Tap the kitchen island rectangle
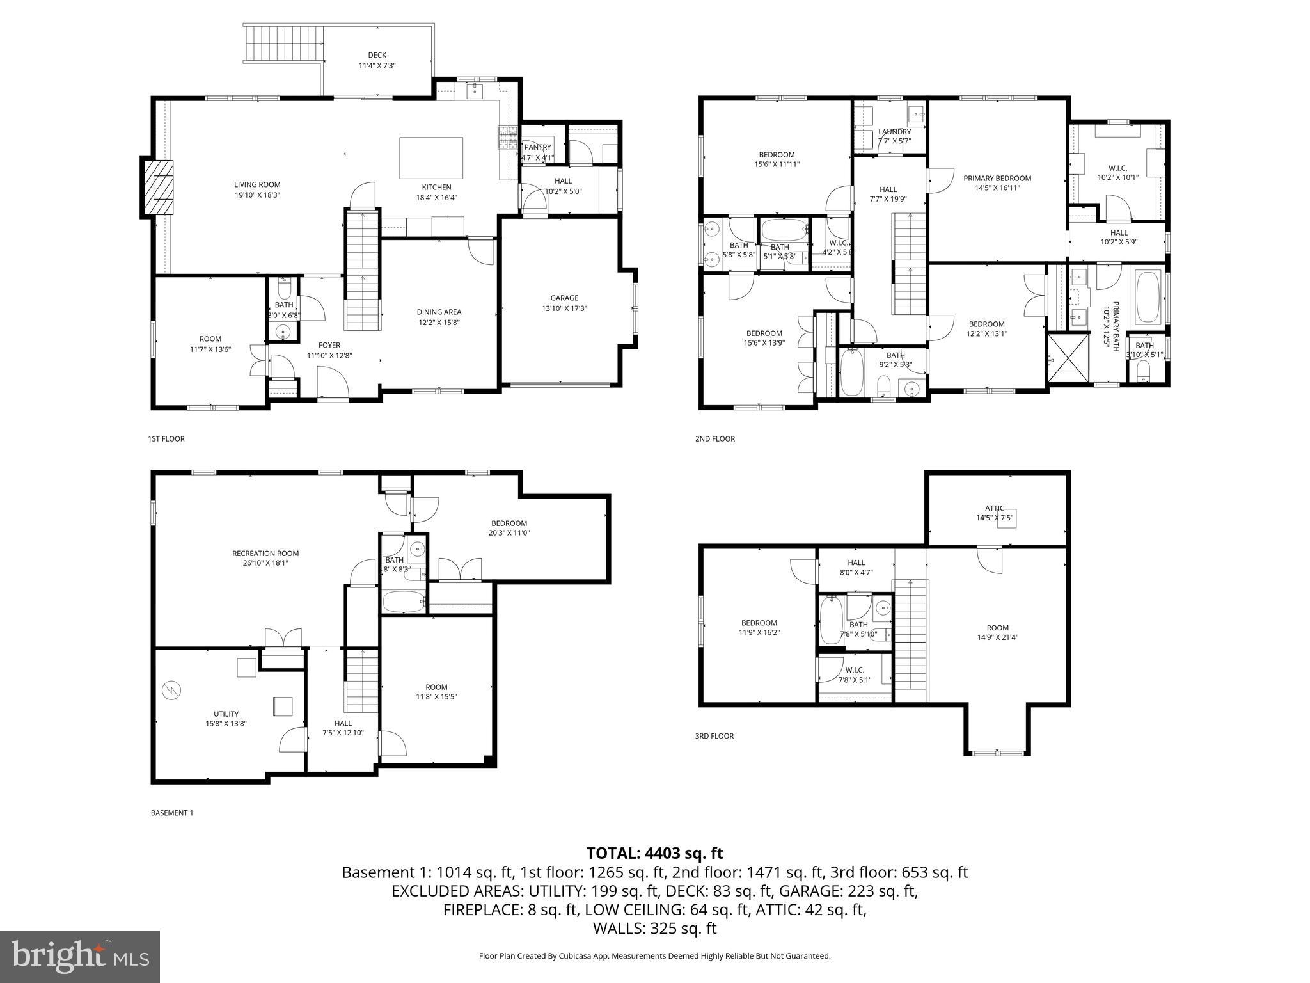(431, 158)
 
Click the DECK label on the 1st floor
(377, 55)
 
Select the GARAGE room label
(564, 298)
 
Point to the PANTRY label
(537, 147)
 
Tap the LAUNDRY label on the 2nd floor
(894, 132)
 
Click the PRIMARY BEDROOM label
(997, 179)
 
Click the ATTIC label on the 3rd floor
(994, 508)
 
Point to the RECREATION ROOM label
(265, 554)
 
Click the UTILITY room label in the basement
(226, 714)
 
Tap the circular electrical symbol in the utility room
(172, 689)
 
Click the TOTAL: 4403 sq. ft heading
(654, 853)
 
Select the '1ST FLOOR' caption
(166, 439)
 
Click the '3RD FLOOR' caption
(714, 736)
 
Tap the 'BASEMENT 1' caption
(171, 813)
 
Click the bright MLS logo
(80, 956)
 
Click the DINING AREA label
(439, 312)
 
